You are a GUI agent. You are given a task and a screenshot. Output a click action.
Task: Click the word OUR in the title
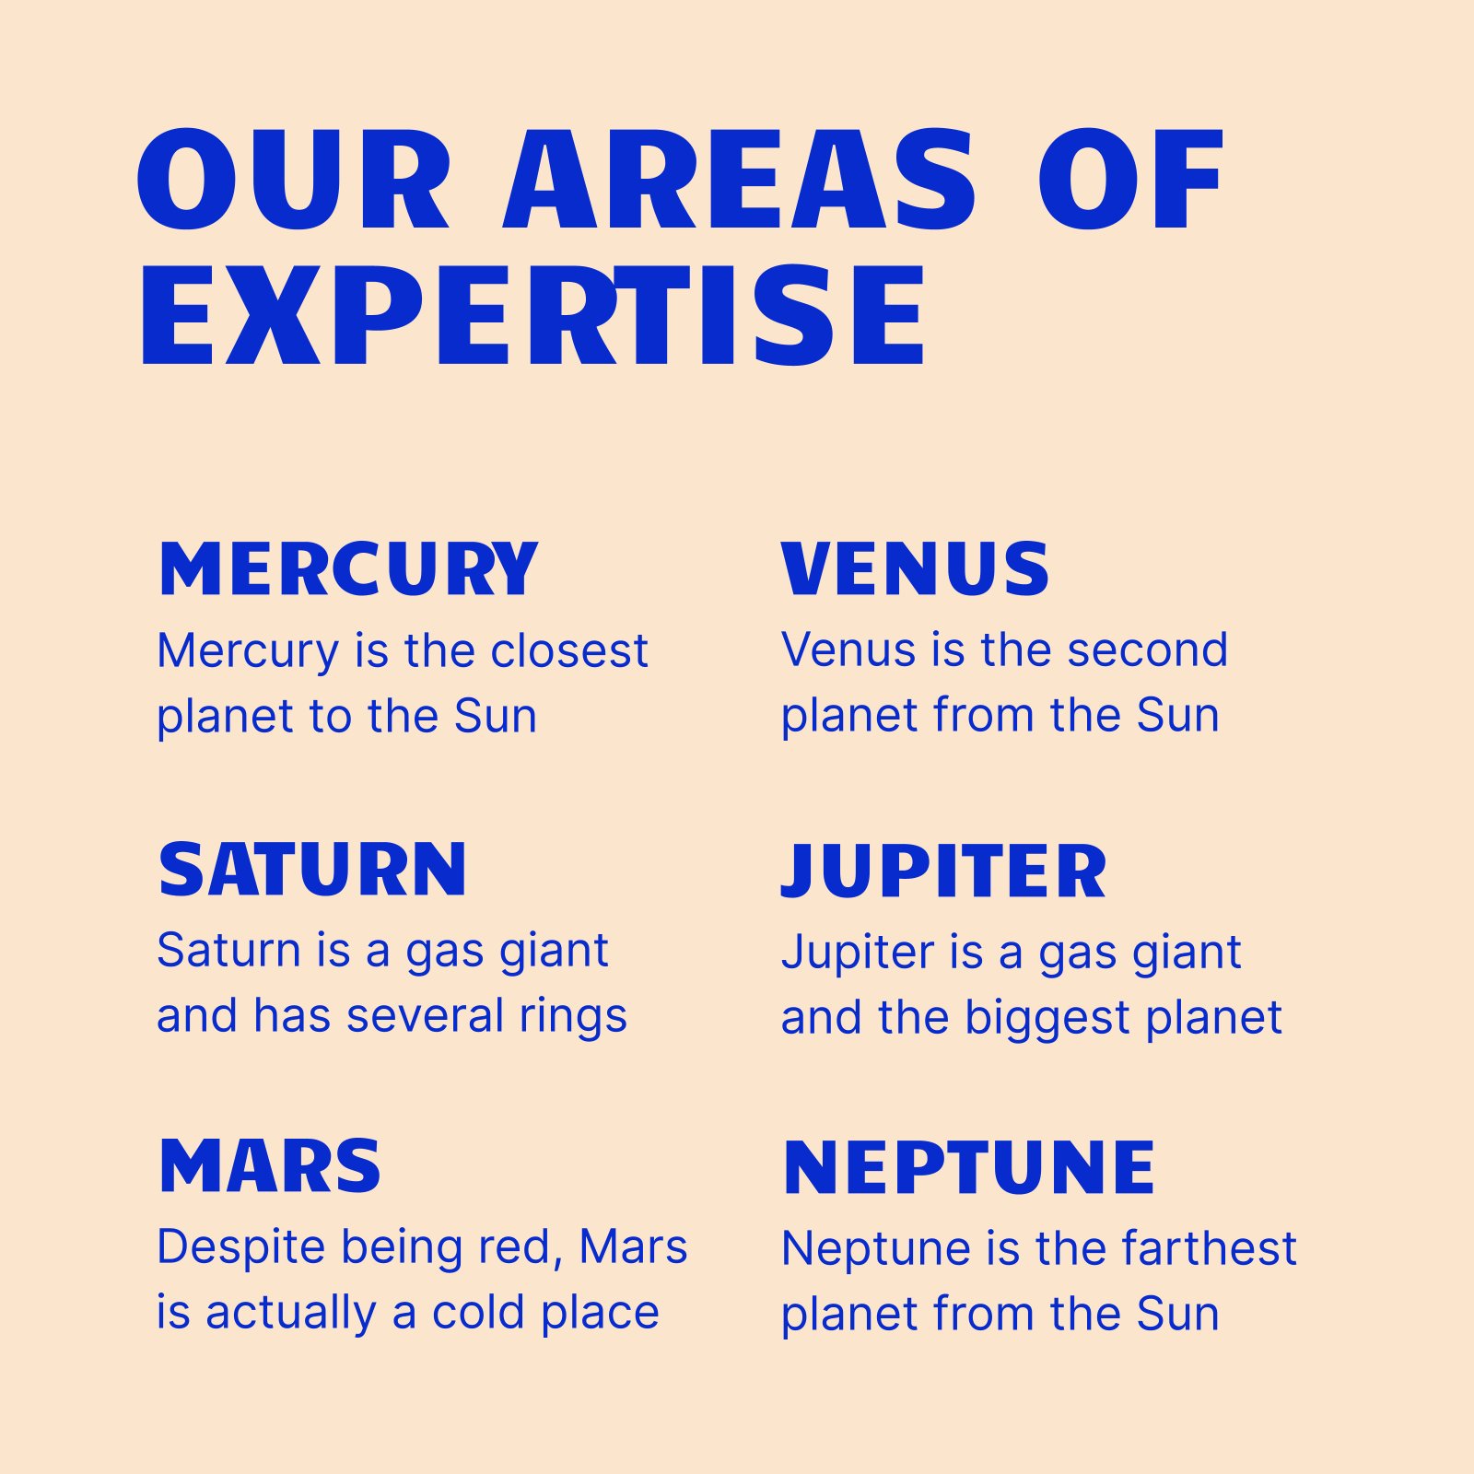point(294,179)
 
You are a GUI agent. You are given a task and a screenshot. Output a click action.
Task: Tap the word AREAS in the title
point(739,179)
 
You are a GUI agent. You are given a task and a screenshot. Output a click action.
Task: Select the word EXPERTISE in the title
point(532,315)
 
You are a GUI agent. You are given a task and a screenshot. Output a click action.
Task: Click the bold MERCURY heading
point(348,568)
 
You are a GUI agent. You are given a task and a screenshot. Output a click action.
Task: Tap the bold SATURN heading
point(312,869)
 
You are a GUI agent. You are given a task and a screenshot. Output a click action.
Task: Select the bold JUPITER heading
point(943,871)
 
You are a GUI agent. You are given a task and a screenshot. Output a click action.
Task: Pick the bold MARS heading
point(270,1166)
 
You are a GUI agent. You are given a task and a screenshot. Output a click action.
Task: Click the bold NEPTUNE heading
point(968,1167)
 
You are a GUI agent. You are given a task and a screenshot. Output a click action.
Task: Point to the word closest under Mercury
point(569,650)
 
